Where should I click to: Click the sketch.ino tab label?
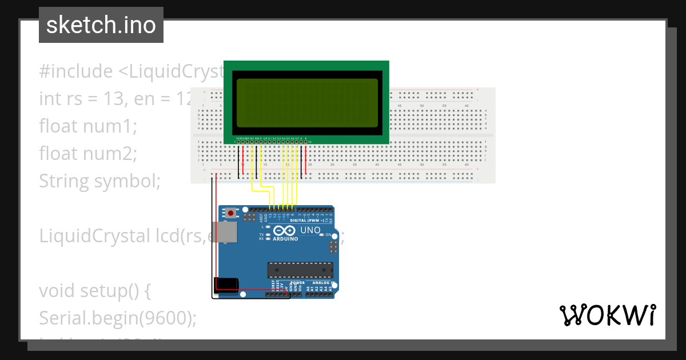coord(101,25)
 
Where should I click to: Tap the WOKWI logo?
coord(607,315)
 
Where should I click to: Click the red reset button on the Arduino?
coord(230,213)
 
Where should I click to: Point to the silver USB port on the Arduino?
coord(227,232)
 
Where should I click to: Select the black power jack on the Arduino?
coord(226,285)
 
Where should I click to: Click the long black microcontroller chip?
coord(300,268)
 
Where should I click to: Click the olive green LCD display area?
coord(307,103)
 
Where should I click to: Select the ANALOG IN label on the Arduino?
coord(322,282)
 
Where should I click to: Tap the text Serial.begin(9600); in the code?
coord(118,318)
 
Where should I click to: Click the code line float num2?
coord(88,154)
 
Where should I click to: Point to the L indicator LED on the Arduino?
coord(268,227)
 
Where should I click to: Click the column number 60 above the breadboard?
coord(466,106)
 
